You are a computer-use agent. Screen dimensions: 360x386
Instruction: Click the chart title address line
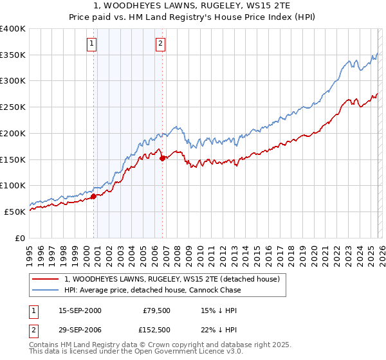[x=192, y=6]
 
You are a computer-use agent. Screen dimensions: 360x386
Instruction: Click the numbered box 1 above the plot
[x=92, y=44]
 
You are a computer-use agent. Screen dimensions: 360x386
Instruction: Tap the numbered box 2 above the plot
[x=160, y=44]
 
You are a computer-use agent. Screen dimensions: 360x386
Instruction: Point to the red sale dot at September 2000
[x=93, y=196]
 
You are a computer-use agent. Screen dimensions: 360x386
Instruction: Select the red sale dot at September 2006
[x=162, y=157]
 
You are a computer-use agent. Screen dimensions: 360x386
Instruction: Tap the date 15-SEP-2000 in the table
[x=80, y=310]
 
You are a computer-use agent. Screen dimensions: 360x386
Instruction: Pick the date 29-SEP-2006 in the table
[x=80, y=331]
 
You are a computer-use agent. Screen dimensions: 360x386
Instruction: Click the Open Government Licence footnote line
[x=136, y=352]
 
